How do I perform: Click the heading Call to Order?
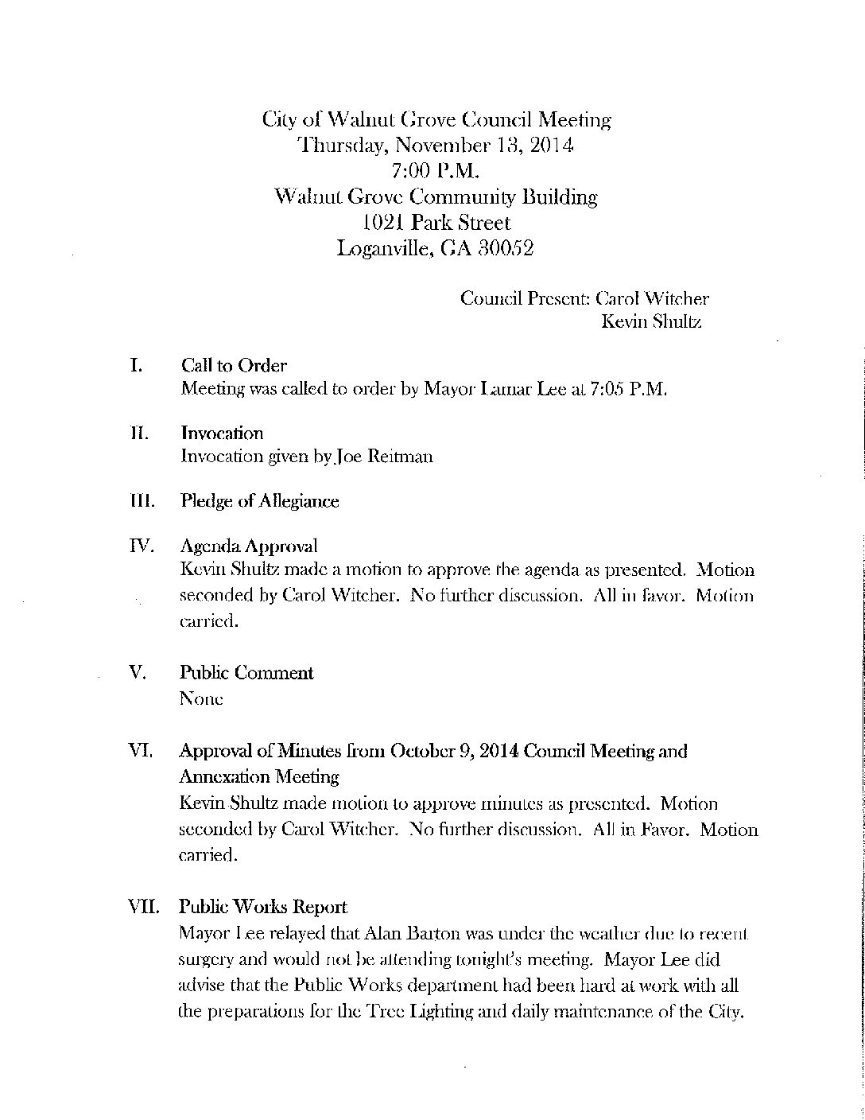pos(234,366)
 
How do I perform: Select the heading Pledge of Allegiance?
pos(259,501)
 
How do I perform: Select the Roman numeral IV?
pos(141,546)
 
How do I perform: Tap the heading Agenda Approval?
pos(249,546)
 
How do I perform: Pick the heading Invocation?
pos(222,434)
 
